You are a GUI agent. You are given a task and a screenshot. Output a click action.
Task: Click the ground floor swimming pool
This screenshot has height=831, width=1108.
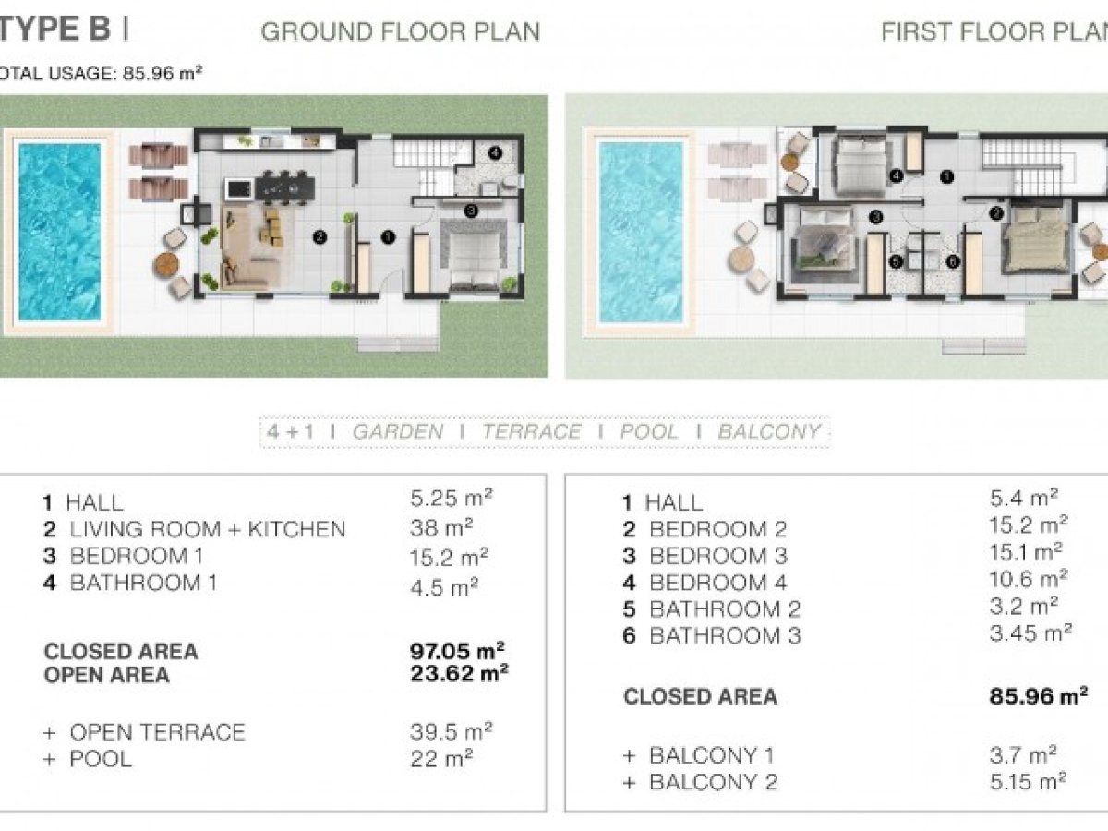point(60,232)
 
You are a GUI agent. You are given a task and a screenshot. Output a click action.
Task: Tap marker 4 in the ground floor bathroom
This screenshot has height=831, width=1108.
point(495,152)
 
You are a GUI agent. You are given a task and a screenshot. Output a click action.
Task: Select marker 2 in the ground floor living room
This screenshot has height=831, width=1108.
point(319,236)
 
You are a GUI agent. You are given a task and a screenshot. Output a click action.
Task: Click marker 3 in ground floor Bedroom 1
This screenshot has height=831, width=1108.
point(471,210)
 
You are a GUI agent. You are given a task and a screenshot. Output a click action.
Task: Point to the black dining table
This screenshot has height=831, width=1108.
point(284,187)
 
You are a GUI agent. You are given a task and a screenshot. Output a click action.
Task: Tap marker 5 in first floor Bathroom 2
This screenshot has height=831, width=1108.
point(896,261)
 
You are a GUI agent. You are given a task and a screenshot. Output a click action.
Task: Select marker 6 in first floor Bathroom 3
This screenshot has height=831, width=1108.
point(953,261)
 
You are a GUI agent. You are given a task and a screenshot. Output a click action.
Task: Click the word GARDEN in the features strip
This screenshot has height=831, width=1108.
point(398,432)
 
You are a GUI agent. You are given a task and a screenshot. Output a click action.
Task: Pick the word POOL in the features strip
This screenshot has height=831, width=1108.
point(649,432)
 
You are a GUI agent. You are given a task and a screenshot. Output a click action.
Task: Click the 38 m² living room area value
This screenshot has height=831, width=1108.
point(441,528)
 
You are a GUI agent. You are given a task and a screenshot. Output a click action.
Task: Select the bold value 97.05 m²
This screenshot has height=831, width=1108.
point(457,651)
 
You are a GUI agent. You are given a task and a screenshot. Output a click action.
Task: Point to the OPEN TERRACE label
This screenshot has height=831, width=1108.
point(157,732)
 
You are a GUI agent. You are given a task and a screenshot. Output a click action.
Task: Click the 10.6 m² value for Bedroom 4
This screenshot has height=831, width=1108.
point(1029,579)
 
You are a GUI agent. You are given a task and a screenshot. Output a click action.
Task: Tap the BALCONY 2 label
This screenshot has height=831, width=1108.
point(713,783)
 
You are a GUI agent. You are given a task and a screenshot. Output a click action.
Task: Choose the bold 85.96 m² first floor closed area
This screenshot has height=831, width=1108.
point(1039,696)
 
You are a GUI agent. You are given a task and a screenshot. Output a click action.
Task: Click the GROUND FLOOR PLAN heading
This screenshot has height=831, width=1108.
point(401,31)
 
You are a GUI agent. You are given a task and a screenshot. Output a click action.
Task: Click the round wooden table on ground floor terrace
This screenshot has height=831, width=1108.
point(166,265)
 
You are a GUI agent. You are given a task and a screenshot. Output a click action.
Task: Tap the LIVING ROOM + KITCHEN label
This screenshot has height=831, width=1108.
point(208,529)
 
